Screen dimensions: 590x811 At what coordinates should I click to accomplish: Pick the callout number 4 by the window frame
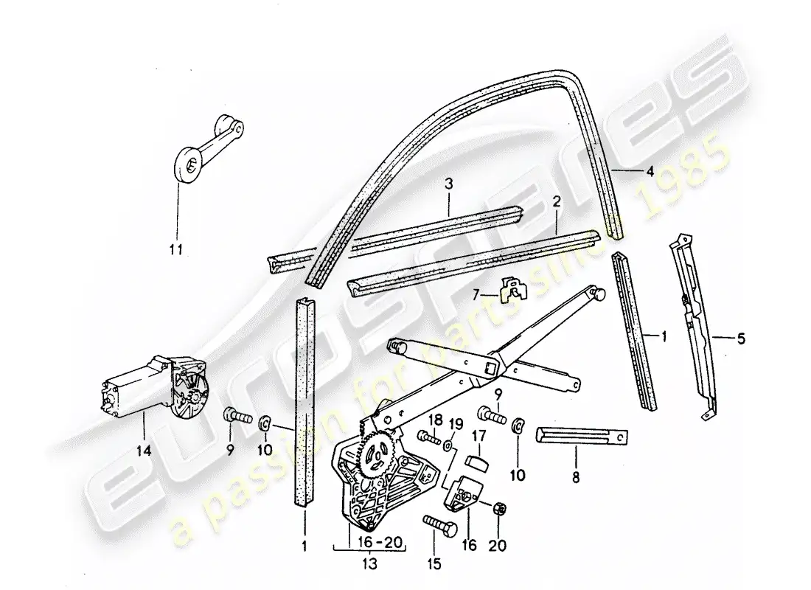tap(650, 173)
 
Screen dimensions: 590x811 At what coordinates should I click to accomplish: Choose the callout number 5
tap(741, 339)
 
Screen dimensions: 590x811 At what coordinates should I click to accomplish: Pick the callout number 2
tap(557, 200)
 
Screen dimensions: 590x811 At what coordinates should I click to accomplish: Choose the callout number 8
tap(575, 477)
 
